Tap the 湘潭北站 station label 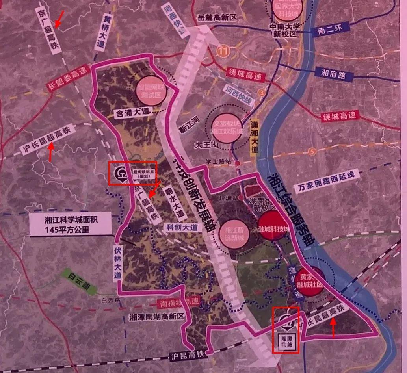pos(286,341)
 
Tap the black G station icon pos(120,174)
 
